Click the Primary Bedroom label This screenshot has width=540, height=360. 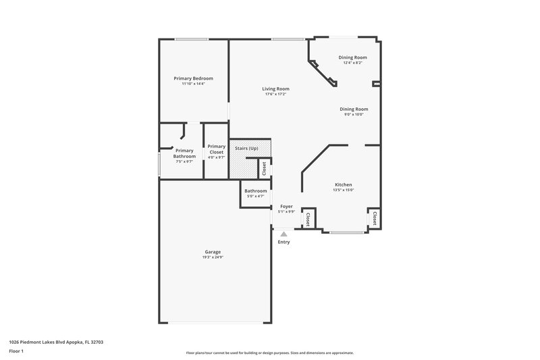tap(193, 78)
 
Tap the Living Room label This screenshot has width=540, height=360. tap(276, 88)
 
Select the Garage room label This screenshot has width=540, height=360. tap(212, 252)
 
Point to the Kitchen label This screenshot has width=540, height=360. tap(344, 184)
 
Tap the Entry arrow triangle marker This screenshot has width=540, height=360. tap(283, 234)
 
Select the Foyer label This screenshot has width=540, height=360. tap(286, 206)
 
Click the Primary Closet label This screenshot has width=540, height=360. tap(216, 149)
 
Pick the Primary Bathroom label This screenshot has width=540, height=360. tap(184, 153)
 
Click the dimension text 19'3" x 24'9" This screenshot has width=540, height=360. tap(212, 257)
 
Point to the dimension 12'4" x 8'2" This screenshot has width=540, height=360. tap(352, 63)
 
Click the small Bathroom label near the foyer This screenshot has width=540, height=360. tap(255, 191)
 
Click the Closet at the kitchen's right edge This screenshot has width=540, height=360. tap(373, 217)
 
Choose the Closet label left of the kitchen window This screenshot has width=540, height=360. tap(308, 218)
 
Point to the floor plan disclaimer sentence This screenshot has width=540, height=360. tap(269, 353)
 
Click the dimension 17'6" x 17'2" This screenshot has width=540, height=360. tap(276, 94)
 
